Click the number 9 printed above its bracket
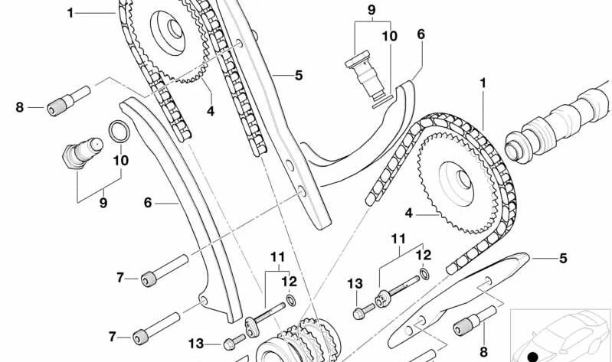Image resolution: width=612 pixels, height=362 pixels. (x=371, y=10)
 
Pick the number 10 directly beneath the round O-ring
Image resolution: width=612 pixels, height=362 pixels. (x=121, y=161)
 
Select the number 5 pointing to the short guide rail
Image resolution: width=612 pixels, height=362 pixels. (x=563, y=259)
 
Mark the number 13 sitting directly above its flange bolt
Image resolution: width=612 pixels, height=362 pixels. (x=354, y=284)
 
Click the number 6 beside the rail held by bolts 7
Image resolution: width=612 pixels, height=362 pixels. (x=148, y=204)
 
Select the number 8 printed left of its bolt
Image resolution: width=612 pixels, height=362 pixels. (x=20, y=107)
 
